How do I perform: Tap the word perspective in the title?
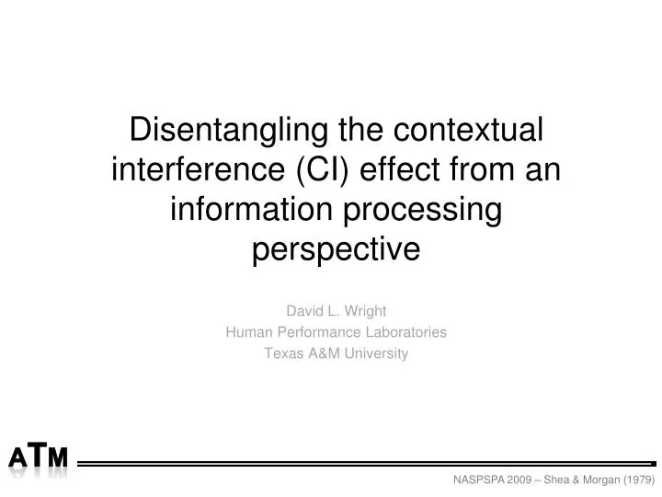(336, 250)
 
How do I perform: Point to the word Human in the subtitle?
(246, 332)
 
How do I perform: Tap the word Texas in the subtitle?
(281, 353)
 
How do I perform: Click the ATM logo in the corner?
(39, 458)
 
